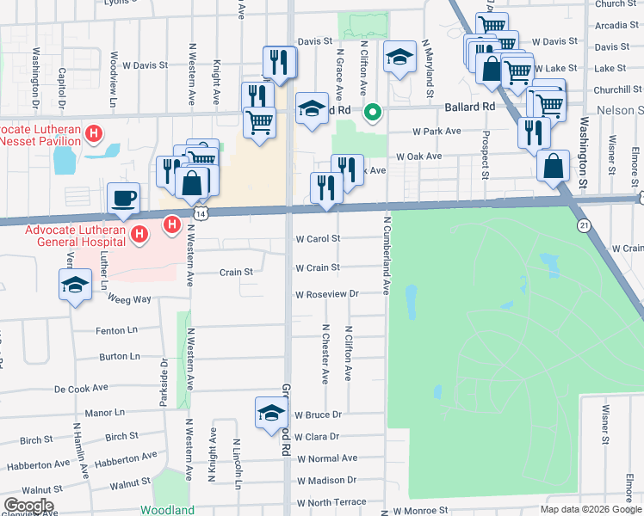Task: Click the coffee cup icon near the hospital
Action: (123, 199)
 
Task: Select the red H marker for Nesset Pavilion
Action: (95, 133)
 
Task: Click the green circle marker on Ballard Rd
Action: (373, 111)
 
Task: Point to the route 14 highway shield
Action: (200, 212)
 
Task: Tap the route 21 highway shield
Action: (584, 225)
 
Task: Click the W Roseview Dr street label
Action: (326, 294)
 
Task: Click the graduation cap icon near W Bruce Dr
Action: (270, 413)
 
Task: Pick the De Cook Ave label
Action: (81, 389)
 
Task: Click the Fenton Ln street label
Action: (116, 330)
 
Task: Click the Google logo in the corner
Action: (28, 505)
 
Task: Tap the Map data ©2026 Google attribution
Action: (590, 509)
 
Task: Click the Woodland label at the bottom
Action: (167, 510)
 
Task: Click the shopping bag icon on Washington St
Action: (552, 166)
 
